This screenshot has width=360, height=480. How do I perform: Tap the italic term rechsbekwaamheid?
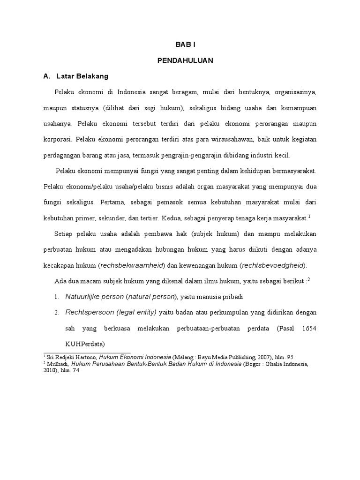pyautogui.click(x=132, y=265)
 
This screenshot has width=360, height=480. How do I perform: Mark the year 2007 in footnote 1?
pyautogui.click(x=260, y=357)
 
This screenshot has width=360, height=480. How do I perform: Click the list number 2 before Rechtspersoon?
pyautogui.click(x=55, y=312)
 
